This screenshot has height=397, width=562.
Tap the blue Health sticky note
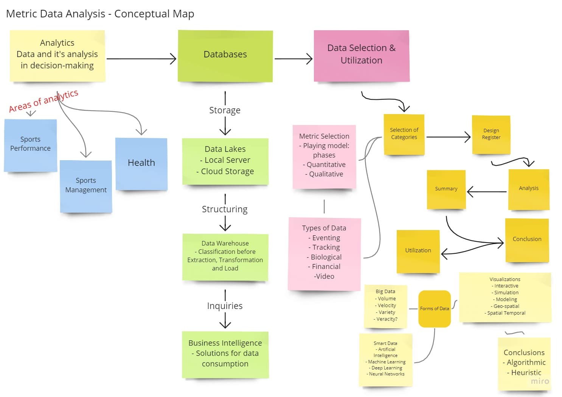(141, 163)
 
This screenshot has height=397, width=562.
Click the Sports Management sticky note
(86, 185)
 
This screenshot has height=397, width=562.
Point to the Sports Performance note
(30, 144)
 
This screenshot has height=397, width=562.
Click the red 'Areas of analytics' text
(43, 101)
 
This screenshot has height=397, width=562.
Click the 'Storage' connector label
(225, 110)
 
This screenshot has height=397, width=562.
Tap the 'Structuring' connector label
(225, 209)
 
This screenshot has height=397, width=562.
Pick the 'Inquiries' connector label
(225, 306)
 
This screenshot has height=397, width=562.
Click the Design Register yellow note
(491, 134)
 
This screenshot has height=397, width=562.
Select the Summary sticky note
(446, 189)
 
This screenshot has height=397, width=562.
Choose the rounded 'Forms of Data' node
(434, 309)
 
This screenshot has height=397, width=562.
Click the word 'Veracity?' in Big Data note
(387, 319)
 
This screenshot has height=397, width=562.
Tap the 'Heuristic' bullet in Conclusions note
(526, 373)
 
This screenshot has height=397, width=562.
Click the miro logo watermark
(540, 381)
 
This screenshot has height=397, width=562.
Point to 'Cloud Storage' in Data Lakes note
(227, 171)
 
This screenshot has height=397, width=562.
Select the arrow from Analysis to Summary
(487, 192)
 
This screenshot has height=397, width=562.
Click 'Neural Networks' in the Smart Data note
(386, 374)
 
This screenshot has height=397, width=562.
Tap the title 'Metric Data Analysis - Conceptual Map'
(100, 14)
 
